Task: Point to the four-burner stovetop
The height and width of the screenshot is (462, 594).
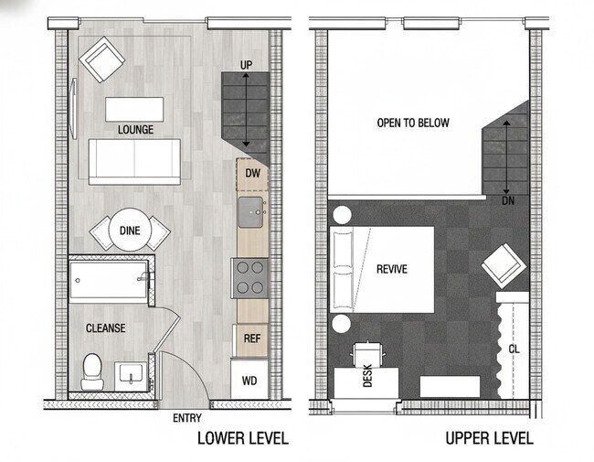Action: coord(249,277)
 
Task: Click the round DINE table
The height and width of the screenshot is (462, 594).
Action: coord(130,231)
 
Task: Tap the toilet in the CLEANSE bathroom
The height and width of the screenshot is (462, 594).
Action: coord(91,371)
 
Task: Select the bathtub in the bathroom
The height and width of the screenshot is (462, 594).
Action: coord(108,281)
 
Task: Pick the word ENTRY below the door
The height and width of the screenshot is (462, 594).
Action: coord(187,418)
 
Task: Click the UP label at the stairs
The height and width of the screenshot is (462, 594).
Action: coord(245,65)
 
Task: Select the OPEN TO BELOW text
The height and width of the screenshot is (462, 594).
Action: coord(413,123)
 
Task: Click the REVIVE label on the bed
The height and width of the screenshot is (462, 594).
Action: coord(391,269)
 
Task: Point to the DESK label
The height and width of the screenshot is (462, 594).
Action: coord(368,376)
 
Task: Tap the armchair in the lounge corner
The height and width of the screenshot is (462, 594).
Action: coord(101,61)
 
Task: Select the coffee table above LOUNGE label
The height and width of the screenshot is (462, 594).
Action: coord(134,108)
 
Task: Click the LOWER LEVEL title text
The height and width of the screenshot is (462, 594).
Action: coord(242,438)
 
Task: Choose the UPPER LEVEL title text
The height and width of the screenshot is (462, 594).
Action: coord(489,438)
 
